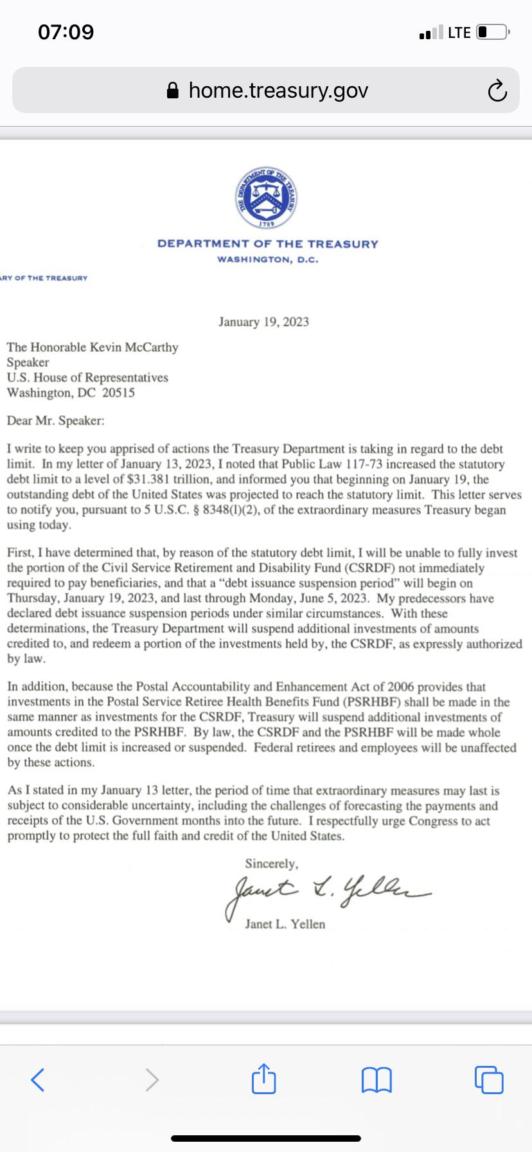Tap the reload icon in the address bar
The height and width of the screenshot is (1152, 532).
497,91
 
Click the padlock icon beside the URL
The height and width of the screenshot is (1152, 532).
172,91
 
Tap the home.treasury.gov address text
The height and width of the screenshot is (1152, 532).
278,91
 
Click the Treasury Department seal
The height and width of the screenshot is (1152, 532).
266,198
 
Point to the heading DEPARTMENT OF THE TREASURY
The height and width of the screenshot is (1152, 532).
268,244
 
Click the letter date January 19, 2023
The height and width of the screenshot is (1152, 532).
263,321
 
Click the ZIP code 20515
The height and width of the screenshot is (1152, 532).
119,393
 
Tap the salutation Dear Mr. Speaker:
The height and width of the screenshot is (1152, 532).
55,420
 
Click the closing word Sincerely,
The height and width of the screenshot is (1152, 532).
271,863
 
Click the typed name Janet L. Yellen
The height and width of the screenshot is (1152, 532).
285,924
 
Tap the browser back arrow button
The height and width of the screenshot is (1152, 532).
38,1079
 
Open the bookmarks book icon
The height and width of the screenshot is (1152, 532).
377,1079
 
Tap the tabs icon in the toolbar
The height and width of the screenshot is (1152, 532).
489,1079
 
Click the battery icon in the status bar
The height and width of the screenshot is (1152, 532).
492,32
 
